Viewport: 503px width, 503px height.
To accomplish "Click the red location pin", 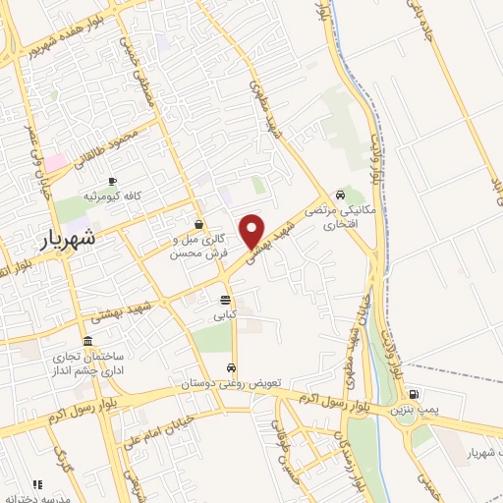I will pos(253,229).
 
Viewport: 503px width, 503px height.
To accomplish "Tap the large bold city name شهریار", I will pos(69,239).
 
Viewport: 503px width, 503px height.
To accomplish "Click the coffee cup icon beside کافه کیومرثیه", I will pos(112,181).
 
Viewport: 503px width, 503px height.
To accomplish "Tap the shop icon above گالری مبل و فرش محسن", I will pos(198,223).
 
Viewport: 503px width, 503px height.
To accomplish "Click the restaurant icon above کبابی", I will pos(226,300).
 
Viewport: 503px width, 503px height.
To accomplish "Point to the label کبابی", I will pos(226,316).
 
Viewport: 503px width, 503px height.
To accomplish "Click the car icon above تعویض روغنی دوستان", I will pos(231,368).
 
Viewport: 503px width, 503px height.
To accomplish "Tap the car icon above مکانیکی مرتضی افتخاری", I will pos(339,194).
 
